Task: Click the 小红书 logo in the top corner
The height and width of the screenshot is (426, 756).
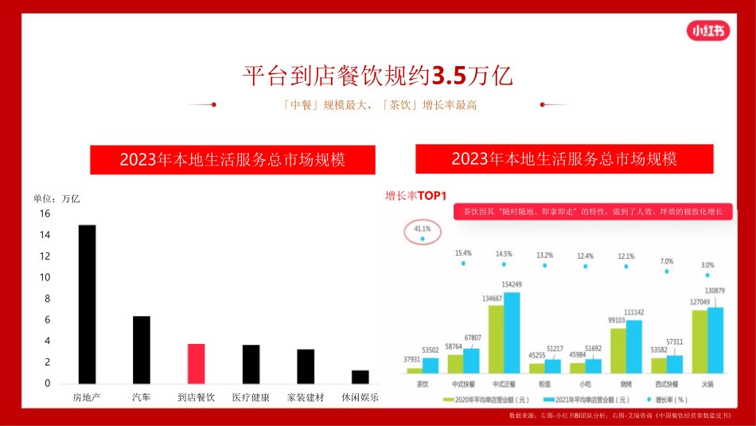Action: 707,31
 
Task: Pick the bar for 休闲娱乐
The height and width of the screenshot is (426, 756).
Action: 360,377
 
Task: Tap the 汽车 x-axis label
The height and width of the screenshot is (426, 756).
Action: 141,397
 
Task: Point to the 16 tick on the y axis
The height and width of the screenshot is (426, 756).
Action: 45,214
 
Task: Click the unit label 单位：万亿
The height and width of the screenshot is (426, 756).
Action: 57,199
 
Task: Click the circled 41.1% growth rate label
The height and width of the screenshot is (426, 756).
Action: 422,229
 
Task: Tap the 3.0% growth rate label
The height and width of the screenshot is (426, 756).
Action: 707,264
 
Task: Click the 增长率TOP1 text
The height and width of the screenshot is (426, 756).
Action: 416,196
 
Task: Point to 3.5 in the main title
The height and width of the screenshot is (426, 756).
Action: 449,76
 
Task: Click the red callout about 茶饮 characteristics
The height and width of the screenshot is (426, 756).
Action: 593,212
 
